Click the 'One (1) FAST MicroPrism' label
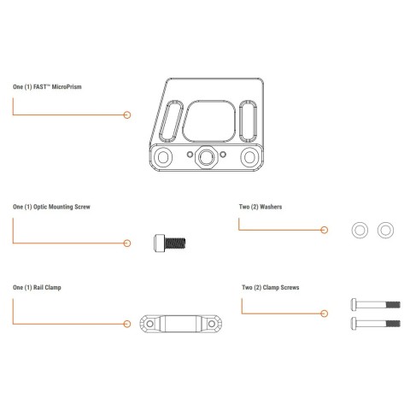(x=47, y=87)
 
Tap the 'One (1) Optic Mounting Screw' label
(x=51, y=207)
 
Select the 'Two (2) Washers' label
(x=261, y=207)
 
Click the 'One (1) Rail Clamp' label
(x=37, y=288)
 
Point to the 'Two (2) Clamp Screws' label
(x=271, y=288)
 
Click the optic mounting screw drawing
(x=170, y=243)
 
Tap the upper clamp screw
(x=376, y=305)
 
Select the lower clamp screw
(x=376, y=324)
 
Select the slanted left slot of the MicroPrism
(x=171, y=121)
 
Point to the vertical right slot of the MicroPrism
(x=249, y=121)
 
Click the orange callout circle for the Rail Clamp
(x=127, y=324)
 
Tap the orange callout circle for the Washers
(x=324, y=230)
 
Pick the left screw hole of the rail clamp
(x=149, y=324)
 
